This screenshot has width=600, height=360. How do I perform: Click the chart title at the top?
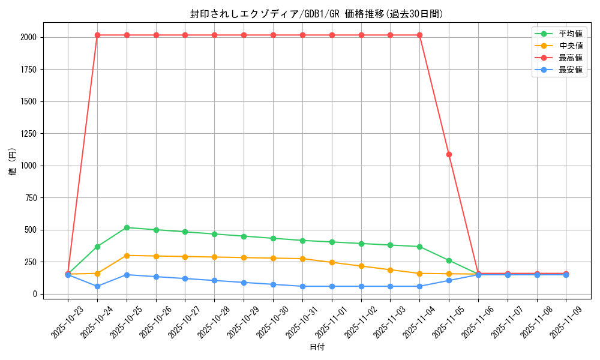point(317,14)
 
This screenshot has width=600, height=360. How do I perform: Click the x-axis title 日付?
point(317,347)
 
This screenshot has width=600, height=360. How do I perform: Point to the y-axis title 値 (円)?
point(12,162)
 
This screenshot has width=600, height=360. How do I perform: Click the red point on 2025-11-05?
point(449,154)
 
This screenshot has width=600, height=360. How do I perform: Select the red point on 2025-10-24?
point(97,35)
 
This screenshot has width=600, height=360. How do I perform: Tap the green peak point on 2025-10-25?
point(127,227)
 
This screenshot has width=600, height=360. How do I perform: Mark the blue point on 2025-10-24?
point(97,286)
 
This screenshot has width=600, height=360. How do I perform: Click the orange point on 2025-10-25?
point(127,256)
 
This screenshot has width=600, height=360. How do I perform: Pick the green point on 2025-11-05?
point(449,260)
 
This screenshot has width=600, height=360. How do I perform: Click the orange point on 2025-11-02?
point(361,266)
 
